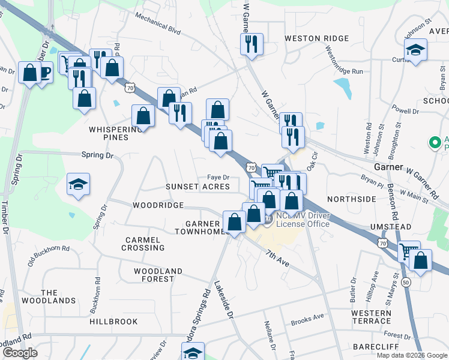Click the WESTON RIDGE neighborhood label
[316, 38]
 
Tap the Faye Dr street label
[218, 177]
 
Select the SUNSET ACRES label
[198, 187]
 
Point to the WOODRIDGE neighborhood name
[158, 205]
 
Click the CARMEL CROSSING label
[143, 244]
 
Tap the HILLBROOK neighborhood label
[113, 322]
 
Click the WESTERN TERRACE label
[371, 317]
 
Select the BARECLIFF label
[372, 347]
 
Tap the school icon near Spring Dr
[78, 185]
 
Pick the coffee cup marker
[43, 73]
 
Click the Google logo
[20, 353]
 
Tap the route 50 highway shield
[406, 282]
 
